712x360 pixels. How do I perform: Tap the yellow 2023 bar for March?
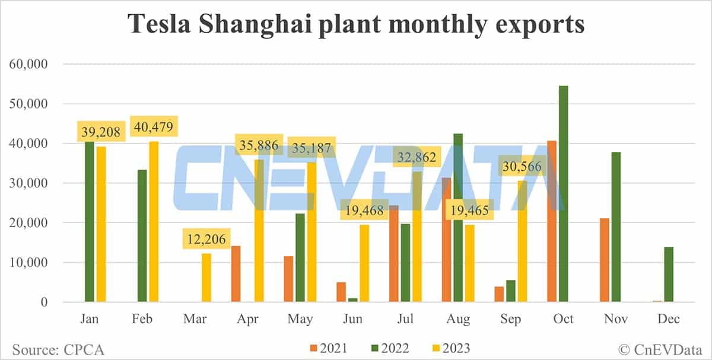pyautogui.click(x=206, y=278)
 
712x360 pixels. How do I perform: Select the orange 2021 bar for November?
pyautogui.click(x=605, y=260)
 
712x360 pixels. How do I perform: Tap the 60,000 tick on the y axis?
pyautogui.click(x=30, y=64)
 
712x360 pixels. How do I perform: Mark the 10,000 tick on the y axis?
pyautogui.click(x=30, y=263)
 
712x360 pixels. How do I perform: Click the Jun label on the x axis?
pyautogui.click(x=352, y=320)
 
